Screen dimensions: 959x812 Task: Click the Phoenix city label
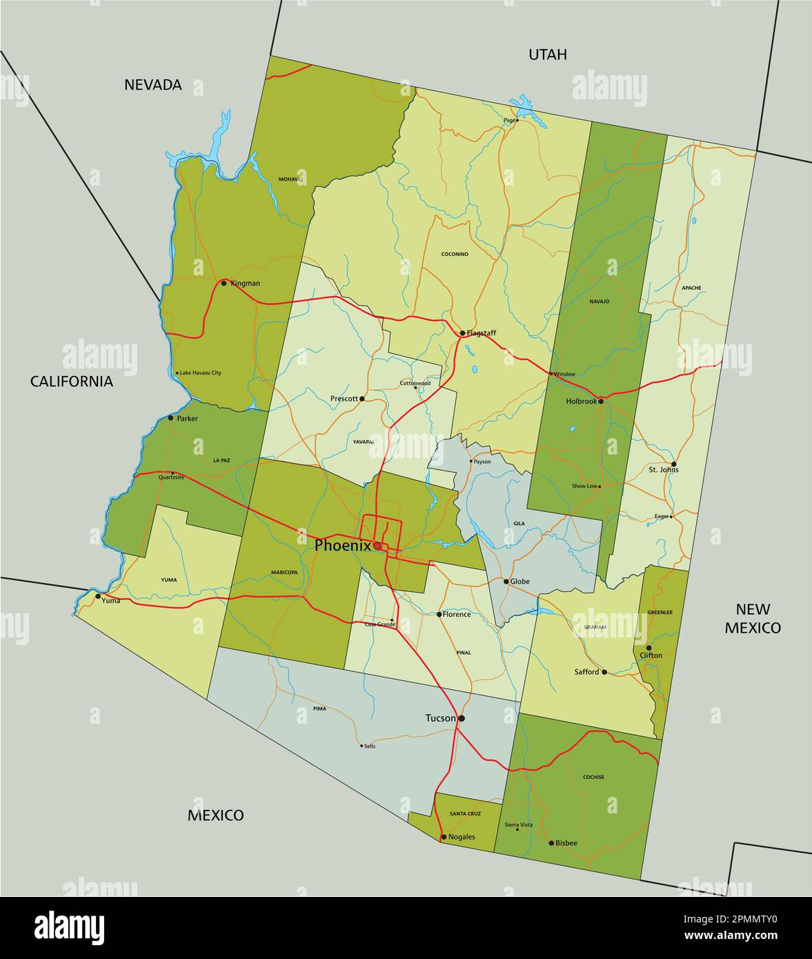pyautogui.click(x=342, y=545)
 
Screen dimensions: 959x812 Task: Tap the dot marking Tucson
pyautogui.click(x=462, y=718)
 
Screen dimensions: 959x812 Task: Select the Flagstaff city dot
pyautogui.click(x=462, y=333)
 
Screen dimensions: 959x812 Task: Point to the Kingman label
pyautogui.click(x=246, y=283)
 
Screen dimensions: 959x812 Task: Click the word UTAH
pyautogui.click(x=548, y=55)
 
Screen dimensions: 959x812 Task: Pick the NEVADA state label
pyautogui.click(x=153, y=85)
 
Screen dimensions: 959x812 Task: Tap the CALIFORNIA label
pyautogui.click(x=72, y=382)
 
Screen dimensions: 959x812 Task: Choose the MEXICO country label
pyautogui.click(x=216, y=815)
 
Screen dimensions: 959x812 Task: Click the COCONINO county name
pyautogui.click(x=455, y=255)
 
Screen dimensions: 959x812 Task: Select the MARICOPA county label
pyautogui.click(x=284, y=573)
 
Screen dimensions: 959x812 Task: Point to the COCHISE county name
pyautogui.click(x=593, y=777)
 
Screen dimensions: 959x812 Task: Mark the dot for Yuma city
pyautogui.click(x=98, y=596)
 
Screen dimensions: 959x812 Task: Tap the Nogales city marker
pyautogui.click(x=443, y=837)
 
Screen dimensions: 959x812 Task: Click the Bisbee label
pyautogui.click(x=566, y=843)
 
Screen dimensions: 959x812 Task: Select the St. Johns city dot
pyautogui.click(x=673, y=464)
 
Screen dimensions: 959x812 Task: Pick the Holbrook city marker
pyautogui.click(x=601, y=401)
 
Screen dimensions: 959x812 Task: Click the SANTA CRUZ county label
pyautogui.click(x=466, y=814)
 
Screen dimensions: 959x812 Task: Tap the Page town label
pyautogui.click(x=509, y=120)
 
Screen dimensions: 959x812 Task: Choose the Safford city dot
pyautogui.click(x=604, y=672)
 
